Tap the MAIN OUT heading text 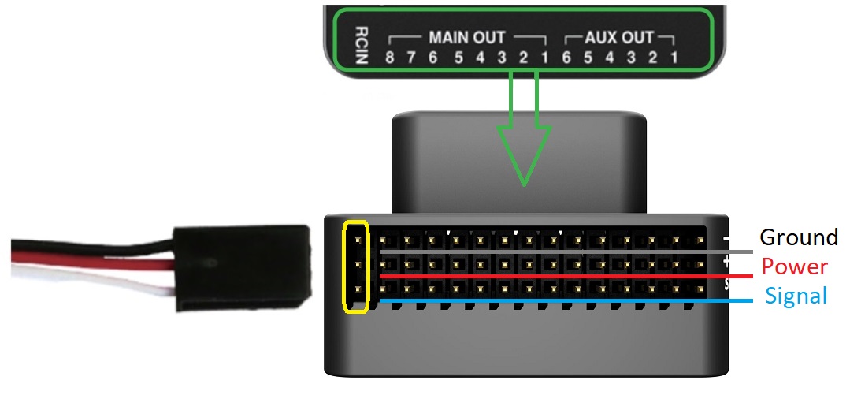coord(467,37)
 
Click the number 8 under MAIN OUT coord(389,58)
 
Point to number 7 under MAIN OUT coord(411,58)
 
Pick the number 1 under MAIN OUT coord(544,58)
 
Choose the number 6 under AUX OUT coord(566,58)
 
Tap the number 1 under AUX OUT coord(674,58)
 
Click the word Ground coord(798,237)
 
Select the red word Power coord(794,266)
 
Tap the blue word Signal coord(796,296)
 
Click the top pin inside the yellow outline coord(357,237)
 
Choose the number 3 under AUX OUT coord(630,58)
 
